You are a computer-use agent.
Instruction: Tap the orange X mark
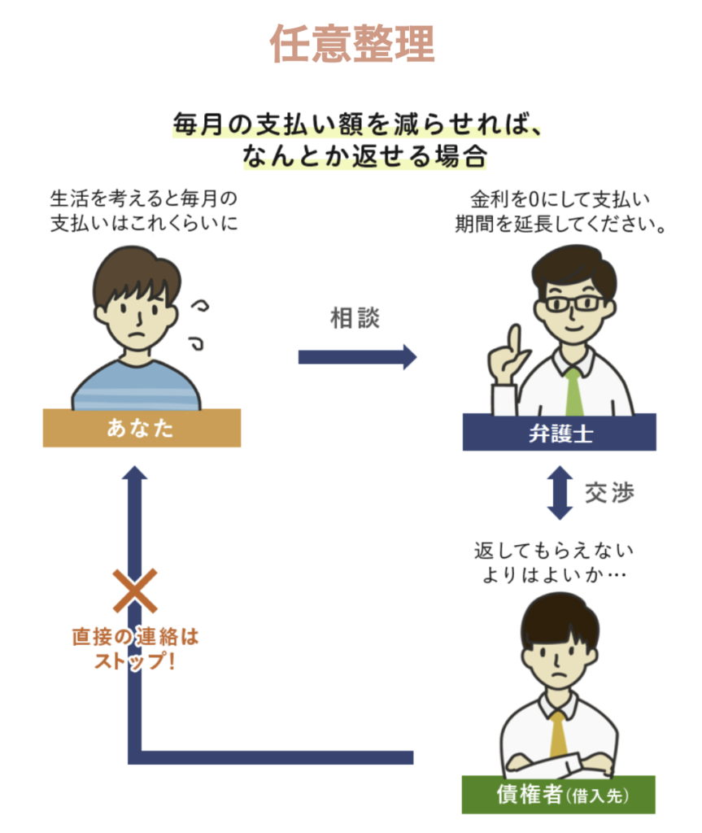[x=134, y=591]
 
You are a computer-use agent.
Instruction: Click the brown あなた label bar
[x=142, y=428]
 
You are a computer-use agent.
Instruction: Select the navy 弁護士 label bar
[x=559, y=432]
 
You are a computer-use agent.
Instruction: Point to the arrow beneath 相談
[x=357, y=356]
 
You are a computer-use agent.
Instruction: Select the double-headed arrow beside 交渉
[x=559, y=493]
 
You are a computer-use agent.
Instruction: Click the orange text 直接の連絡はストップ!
[x=135, y=648]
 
